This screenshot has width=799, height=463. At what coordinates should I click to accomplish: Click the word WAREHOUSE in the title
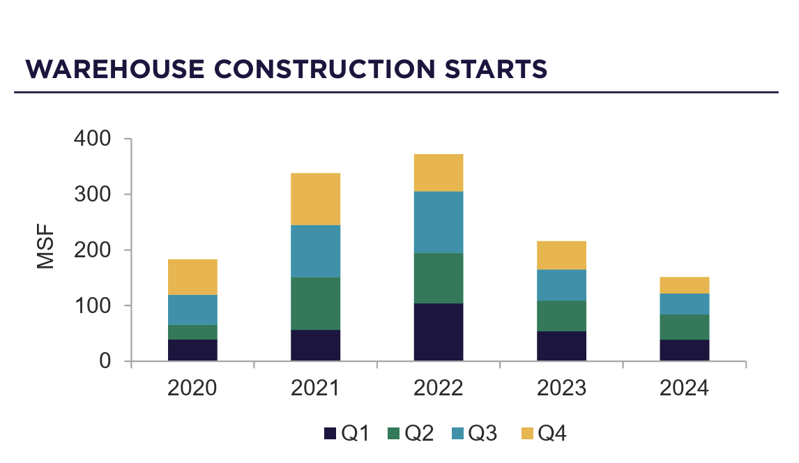[x=116, y=69]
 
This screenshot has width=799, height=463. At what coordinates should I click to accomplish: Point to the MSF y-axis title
[x=45, y=249]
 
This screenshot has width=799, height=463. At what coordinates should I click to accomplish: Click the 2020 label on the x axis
[x=192, y=388]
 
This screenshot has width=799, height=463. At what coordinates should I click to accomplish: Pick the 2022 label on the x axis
[x=438, y=388]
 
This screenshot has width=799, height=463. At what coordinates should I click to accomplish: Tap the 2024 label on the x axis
[x=684, y=388]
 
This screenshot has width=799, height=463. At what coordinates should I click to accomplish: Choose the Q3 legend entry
[x=474, y=434]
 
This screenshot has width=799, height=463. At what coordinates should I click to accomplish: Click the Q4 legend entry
[x=544, y=434]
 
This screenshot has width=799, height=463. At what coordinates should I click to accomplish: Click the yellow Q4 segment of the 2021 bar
[x=315, y=199]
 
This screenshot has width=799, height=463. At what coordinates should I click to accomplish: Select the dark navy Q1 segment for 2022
[x=438, y=332]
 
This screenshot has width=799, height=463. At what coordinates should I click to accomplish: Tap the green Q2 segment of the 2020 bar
[x=192, y=332]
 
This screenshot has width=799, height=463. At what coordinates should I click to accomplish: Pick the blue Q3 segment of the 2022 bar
[x=438, y=222]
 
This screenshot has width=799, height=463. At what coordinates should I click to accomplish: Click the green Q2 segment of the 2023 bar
[x=561, y=315]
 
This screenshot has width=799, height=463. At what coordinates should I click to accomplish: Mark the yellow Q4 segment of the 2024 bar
[x=684, y=285]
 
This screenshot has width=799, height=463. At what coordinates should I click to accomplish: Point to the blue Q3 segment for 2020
[x=192, y=310]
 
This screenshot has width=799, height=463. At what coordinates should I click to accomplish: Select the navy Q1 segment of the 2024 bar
[x=684, y=350]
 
